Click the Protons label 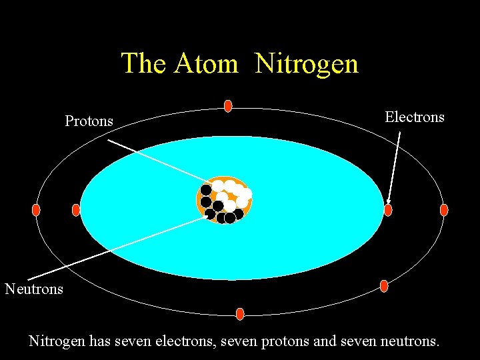[x=89, y=121]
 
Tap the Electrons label [x=415, y=117]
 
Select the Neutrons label [x=34, y=289]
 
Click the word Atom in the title [x=206, y=64]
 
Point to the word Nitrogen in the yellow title [x=307, y=64]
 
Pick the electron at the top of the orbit [x=228, y=105]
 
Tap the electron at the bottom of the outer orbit [x=240, y=313]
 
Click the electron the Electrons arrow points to [x=388, y=210]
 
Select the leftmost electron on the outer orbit [x=36, y=210]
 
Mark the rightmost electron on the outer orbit [x=444, y=210]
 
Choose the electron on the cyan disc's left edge [x=75, y=210]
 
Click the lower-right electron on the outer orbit [x=384, y=286]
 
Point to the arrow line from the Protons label [x=157, y=159]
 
